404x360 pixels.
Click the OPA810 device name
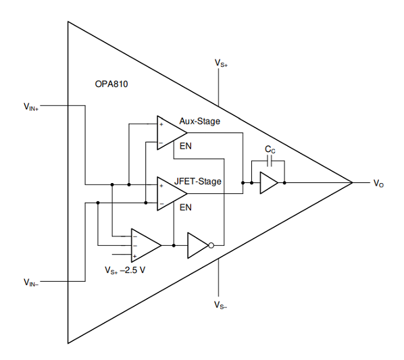[x=111, y=84]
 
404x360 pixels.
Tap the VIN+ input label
[x=31, y=107]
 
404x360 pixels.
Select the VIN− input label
[x=31, y=282]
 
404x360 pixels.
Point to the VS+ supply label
[x=221, y=63]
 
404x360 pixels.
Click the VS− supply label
[x=220, y=305]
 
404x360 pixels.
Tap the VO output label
[x=378, y=183]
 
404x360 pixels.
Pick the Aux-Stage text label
[x=200, y=121]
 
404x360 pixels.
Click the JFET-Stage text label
[x=198, y=181]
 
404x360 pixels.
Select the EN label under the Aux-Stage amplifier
[x=186, y=146]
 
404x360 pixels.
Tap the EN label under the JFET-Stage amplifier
[x=186, y=207]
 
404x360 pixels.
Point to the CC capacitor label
[x=270, y=149]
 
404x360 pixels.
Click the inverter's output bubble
[x=211, y=245]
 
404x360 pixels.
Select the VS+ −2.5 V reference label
[x=125, y=270]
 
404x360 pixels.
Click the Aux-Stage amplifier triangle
[x=172, y=132]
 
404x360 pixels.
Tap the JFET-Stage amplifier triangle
[x=172, y=194]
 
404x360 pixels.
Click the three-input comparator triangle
[x=146, y=245]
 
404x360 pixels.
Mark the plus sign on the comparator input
[x=134, y=256]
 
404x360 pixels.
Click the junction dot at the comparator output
[x=174, y=245]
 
